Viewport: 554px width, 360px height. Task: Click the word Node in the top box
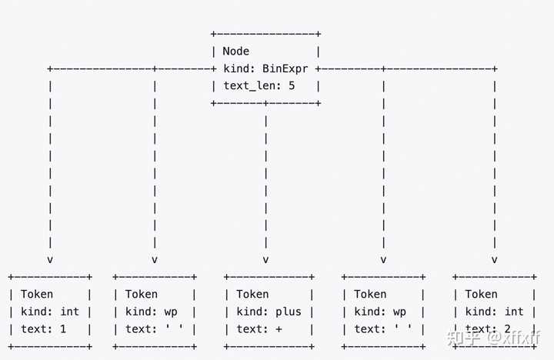tap(235, 52)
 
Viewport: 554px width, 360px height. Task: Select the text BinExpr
tap(285, 69)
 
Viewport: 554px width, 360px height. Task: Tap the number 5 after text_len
tap(292, 86)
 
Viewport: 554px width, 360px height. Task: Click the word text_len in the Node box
tap(252, 86)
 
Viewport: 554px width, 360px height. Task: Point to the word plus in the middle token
tap(289, 312)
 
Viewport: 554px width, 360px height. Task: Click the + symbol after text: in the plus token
tap(279, 329)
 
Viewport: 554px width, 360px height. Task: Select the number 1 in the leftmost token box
tap(63, 329)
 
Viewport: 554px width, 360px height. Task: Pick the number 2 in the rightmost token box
tap(507, 329)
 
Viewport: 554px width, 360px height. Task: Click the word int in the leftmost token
tap(69, 312)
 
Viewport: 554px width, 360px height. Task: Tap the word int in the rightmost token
tap(514, 312)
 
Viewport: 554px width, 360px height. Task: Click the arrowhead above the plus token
tap(265, 260)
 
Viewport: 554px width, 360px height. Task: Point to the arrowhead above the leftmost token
tap(50, 260)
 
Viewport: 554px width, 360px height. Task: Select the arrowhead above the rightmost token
tap(494, 260)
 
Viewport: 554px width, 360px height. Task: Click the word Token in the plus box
tap(252, 295)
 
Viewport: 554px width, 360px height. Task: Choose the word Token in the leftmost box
tap(37, 295)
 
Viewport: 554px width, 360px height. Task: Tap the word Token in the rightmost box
tap(481, 295)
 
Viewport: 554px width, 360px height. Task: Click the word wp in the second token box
tap(171, 312)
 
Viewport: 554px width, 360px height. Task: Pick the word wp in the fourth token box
tap(399, 312)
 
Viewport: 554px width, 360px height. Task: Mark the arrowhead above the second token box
tap(155, 260)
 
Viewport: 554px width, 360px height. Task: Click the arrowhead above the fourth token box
tap(383, 260)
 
